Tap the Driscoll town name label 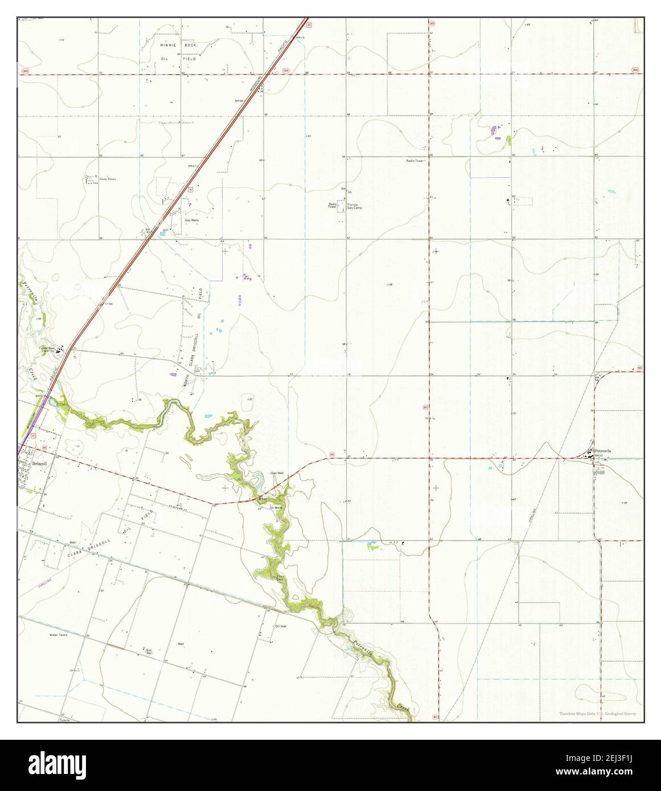pyautogui.click(x=39, y=464)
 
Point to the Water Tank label pyautogui.click(x=58, y=635)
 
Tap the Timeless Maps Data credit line pyautogui.click(x=597, y=714)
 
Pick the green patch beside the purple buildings pyautogui.click(x=508, y=140)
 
